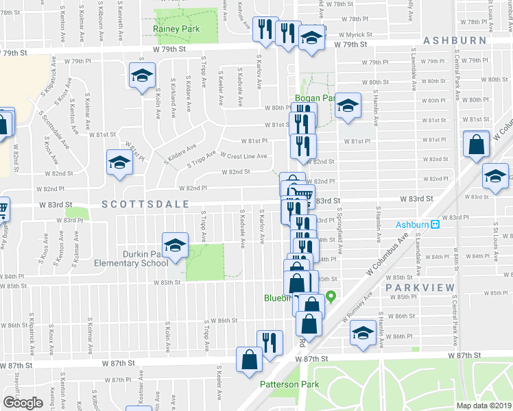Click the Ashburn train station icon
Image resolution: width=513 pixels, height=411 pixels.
(x=435, y=224)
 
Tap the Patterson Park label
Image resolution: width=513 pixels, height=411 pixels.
(x=289, y=384)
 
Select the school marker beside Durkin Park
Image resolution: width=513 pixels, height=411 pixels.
(x=175, y=245)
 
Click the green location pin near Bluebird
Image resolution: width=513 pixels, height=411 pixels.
(x=331, y=297)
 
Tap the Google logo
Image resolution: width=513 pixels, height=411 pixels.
(x=23, y=402)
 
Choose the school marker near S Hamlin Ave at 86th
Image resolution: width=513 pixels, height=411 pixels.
(x=363, y=332)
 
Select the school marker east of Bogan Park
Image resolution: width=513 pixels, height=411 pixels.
(x=348, y=105)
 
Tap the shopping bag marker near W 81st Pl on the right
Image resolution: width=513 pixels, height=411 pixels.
(x=476, y=145)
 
